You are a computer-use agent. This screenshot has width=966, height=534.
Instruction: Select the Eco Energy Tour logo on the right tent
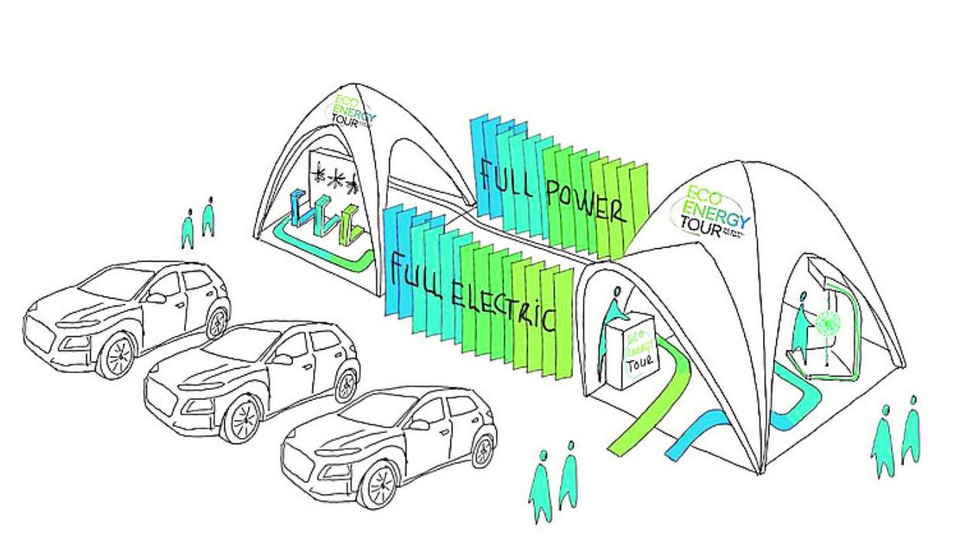point(708,210)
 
